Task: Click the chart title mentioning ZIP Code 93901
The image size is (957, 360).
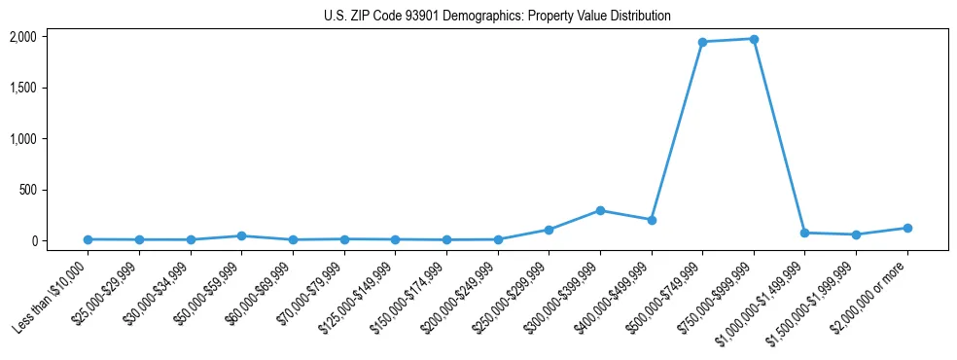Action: [497, 16]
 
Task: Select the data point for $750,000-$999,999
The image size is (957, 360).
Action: [754, 39]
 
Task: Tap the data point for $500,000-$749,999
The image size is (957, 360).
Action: [702, 42]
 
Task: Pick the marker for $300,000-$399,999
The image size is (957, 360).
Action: [600, 210]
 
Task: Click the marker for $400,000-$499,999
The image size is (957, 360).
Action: [652, 220]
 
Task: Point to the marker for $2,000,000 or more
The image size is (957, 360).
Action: [907, 228]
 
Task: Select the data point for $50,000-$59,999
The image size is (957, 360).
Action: [242, 235]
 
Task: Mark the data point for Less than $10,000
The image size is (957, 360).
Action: [89, 239]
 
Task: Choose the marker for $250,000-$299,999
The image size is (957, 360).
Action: [549, 230]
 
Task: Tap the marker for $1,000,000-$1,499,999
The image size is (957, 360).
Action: [805, 233]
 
